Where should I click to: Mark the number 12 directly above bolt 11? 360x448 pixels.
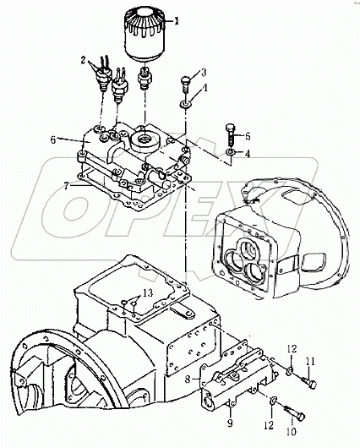(292, 349)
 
